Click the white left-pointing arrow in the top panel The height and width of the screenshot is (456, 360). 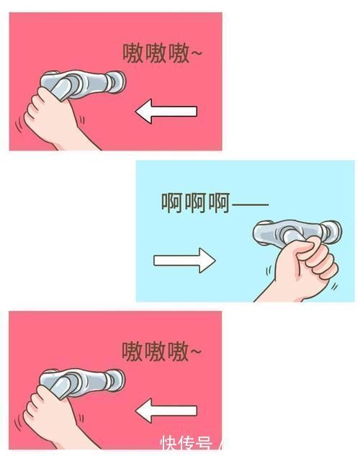165,112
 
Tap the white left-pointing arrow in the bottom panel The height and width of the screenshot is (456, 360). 165,411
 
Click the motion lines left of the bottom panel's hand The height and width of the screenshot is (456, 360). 17,421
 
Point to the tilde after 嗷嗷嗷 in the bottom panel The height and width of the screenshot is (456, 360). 196,352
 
